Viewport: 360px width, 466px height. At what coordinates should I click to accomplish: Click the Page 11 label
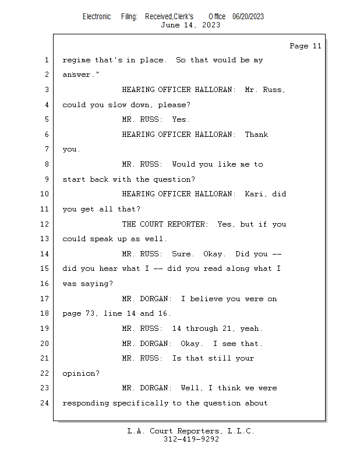[x=305, y=46]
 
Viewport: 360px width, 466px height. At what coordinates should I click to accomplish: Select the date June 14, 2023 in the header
[x=190, y=25]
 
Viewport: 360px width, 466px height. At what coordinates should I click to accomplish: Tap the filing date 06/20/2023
[x=248, y=16]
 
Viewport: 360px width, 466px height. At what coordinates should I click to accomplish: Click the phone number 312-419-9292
[x=191, y=439]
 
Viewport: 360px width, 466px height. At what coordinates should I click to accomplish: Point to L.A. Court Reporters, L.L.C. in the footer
[x=190, y=431]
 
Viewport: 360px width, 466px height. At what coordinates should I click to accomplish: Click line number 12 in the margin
[x=45, y=224]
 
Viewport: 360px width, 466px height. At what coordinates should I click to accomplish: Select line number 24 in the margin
[x=45, y=403]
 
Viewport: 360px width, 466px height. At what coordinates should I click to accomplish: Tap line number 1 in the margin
[x=47, y=60]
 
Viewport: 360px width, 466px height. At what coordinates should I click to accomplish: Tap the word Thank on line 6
[x=256, y=135]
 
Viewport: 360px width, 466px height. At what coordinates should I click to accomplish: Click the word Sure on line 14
[x=183, y=254]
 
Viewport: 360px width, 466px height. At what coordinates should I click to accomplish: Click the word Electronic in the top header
[x=97, y=16]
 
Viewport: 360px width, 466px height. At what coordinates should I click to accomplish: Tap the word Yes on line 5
[x=181, y=119]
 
